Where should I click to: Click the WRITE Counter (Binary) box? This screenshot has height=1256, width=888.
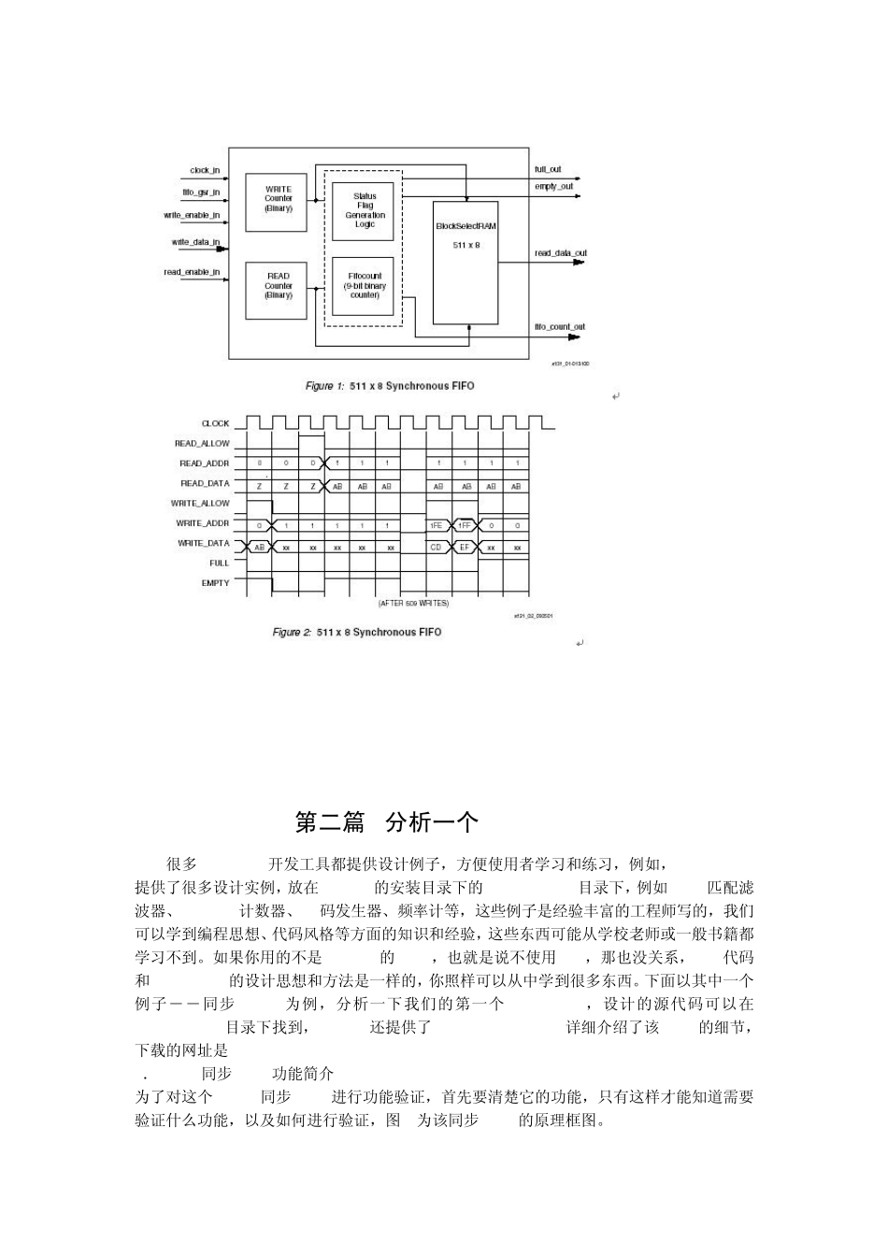coord(278,199)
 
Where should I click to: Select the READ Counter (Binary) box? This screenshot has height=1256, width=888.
coord(278,286)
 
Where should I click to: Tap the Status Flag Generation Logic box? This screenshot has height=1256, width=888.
coord(365,210)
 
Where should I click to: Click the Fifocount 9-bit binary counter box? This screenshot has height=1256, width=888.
coord(365,286)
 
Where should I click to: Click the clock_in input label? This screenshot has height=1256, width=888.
coord(205,171)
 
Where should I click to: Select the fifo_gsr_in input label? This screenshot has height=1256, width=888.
coord(201,193)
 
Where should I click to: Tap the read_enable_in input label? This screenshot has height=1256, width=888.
coord(192,273)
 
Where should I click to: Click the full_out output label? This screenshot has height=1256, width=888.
coord(548,170)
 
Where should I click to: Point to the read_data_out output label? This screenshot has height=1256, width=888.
coord(561,253)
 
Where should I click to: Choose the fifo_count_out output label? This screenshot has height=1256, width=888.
coord(559,327)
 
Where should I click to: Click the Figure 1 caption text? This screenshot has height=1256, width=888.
coord(390,386)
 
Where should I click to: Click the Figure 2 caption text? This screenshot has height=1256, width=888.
coord(357,633)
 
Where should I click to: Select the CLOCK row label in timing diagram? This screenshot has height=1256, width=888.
coord(215,423)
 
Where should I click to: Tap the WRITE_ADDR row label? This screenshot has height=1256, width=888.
coord(203,523)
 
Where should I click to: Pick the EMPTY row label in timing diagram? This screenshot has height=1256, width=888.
coord(215,583)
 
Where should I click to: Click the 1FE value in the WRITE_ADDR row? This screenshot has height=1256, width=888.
coord(437,526)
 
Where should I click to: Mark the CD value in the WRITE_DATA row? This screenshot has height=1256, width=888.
coord(437,547)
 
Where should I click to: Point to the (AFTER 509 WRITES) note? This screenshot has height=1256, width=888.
coord(413,604)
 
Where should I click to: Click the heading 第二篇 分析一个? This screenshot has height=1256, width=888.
coord(386,822)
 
